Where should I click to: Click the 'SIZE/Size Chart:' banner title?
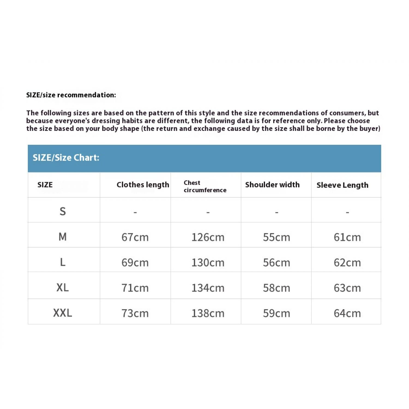point(66,158)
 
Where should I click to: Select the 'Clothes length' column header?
point(143,185)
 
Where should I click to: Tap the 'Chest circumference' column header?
point(205,187)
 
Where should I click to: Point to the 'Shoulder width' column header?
point(272,185)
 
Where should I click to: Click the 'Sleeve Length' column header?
point(342,185)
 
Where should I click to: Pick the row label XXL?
point(63,313)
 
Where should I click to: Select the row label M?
point(63,237)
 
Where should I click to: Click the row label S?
point(63,211)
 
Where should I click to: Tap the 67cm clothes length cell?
point(135,237)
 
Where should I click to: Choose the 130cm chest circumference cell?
point(208,263)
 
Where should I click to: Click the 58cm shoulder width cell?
point(276,288)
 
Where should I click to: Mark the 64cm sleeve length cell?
point(347,313)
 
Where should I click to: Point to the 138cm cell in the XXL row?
point(208,313)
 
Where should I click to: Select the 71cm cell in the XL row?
point(135,288)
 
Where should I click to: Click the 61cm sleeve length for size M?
point(347,237)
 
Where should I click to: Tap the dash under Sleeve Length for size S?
point(347,212)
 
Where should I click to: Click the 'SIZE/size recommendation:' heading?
point(71,95)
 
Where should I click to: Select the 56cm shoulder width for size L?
point(276,263)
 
